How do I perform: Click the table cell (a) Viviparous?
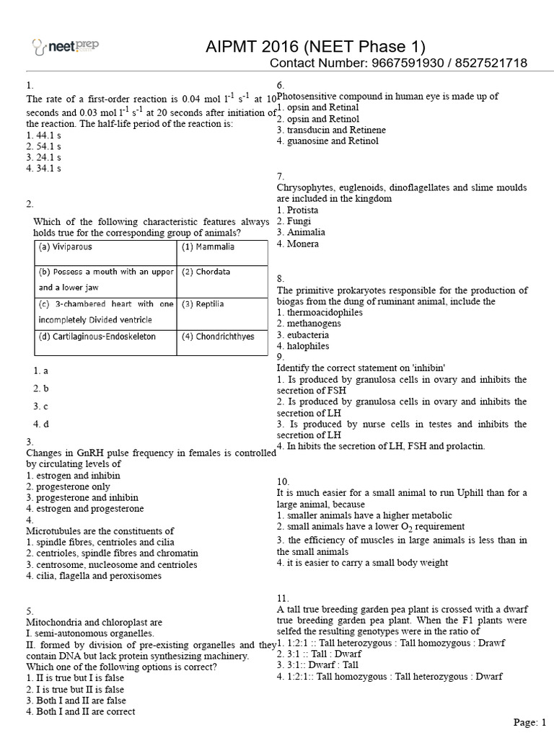point(66,246)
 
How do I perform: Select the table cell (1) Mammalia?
point(208,246)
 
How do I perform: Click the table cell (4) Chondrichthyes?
point(217,337)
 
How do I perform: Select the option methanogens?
point(309,324)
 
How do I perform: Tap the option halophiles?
point(305,346)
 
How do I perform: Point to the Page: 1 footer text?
point(530,722)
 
